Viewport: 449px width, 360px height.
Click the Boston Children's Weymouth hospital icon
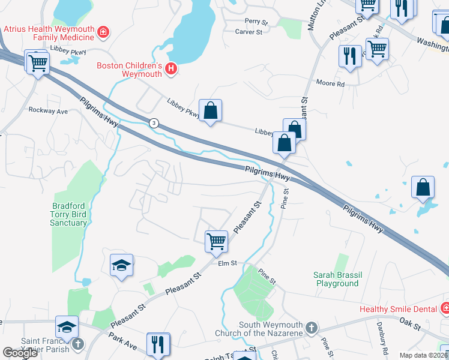click(x=171, y=69)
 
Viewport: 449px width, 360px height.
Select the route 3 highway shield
click(x=154, y=123)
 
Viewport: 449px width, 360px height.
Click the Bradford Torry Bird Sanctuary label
click(x=68, y=214)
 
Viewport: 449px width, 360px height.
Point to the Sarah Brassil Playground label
click(x=336, y=279)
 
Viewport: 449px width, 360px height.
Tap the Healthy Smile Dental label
click(x=399, y=310)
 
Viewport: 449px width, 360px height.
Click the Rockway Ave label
click(x=49, y=111)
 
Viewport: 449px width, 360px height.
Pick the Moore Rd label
click(x=331, y=84)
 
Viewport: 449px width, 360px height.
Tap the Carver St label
click(x=249, y=32)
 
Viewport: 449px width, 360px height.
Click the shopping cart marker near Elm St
click(x=216, y=242)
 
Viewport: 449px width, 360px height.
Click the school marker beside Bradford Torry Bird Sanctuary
click(x=121, y=265)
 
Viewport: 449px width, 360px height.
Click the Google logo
click(x=20, y=353)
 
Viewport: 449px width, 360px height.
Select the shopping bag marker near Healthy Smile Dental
click(x=423, y=187)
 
